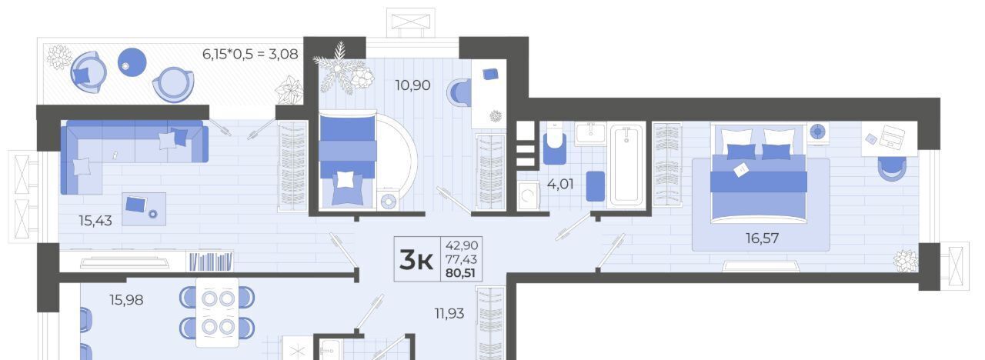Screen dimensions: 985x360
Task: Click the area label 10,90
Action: [x=412, y=85]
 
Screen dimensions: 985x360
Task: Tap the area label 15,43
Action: [x=95, y=221]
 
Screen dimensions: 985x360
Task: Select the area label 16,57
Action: [x=762, y=238]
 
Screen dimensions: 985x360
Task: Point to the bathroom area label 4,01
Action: [x=560, y=184]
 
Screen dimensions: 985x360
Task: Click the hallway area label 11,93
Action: [x=449, y=313]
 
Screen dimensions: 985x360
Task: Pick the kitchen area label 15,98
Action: [x=126, y=300]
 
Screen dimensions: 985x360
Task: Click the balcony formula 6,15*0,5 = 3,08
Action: [x=250, y=54]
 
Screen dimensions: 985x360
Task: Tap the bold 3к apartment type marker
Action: [x=416, y=259]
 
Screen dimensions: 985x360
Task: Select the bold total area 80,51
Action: [x=460, y=273]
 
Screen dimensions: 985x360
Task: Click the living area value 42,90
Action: [x=461, y=245]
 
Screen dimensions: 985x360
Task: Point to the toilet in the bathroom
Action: [x=555, y=143]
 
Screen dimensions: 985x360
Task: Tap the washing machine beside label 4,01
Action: [x=528, y=195]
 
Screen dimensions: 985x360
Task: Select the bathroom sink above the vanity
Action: [x=590, y=133]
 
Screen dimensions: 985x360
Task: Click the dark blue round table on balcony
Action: [x=132, y=62]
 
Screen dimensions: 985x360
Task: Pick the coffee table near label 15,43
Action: [x=144, y=208]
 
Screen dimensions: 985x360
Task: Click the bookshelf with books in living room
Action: [x=210, y=261]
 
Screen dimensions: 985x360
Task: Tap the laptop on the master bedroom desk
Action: [x=891, y=136]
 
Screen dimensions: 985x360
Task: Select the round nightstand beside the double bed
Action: [x=817, y=132]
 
